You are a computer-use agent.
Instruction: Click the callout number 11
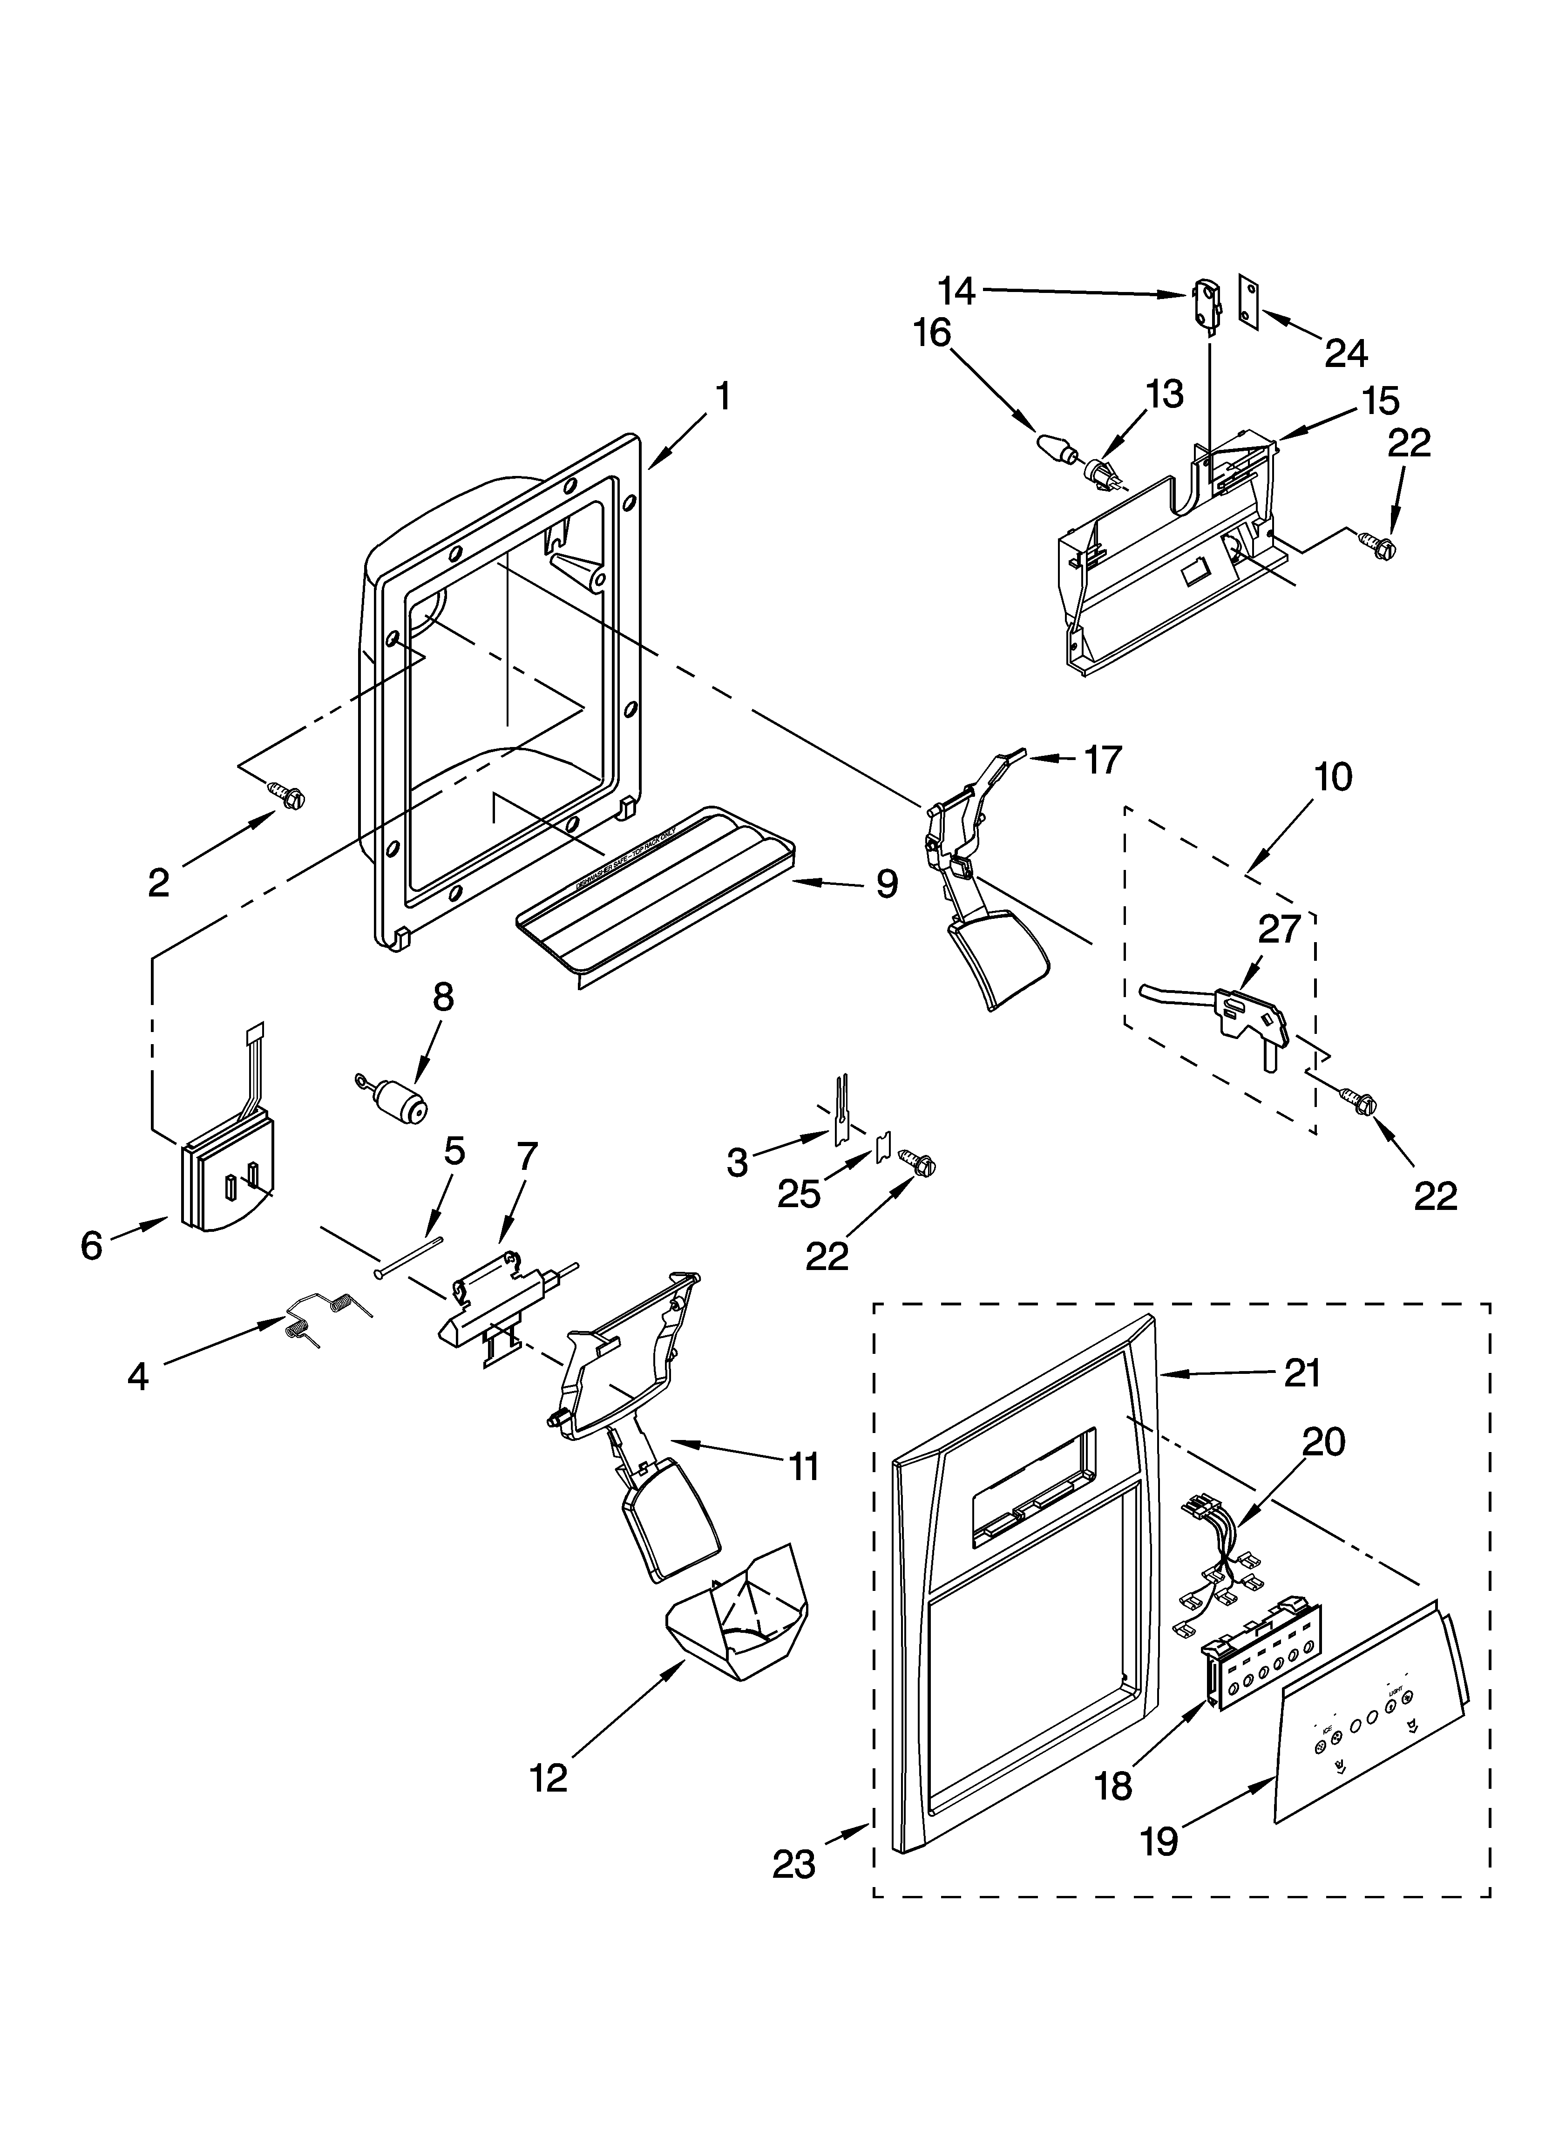(803, 1467)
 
